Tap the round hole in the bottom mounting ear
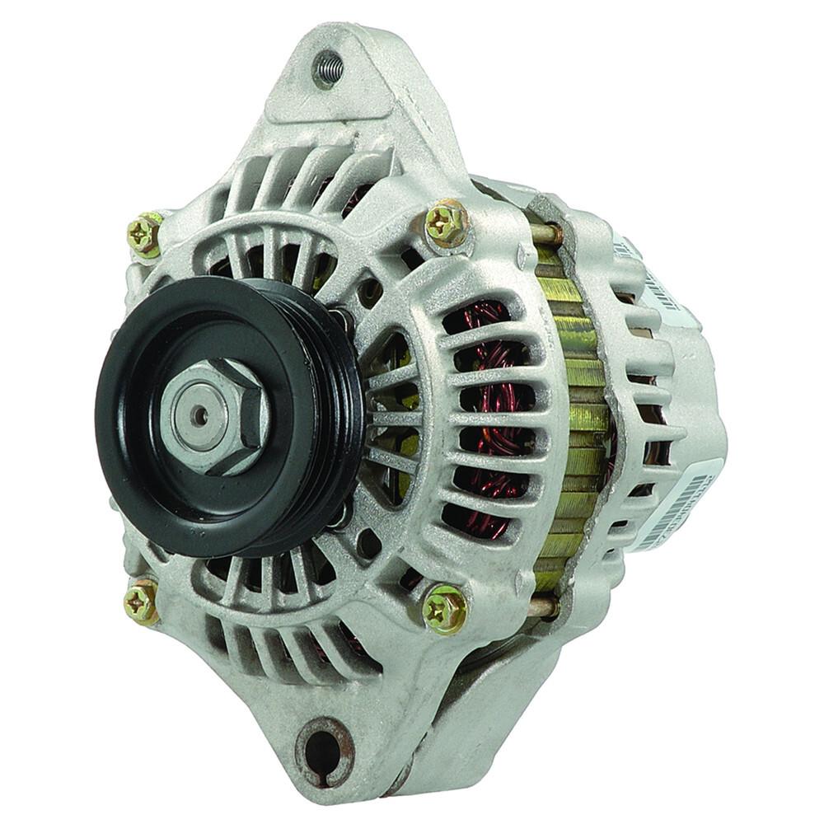pos(323,748)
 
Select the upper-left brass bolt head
pos(145,236)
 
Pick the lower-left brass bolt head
pos(142,602)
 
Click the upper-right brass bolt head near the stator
pos(447,222)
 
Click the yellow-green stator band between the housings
pos(577,412)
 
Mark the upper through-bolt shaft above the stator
pos(545,232)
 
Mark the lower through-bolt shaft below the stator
pos(544,608)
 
